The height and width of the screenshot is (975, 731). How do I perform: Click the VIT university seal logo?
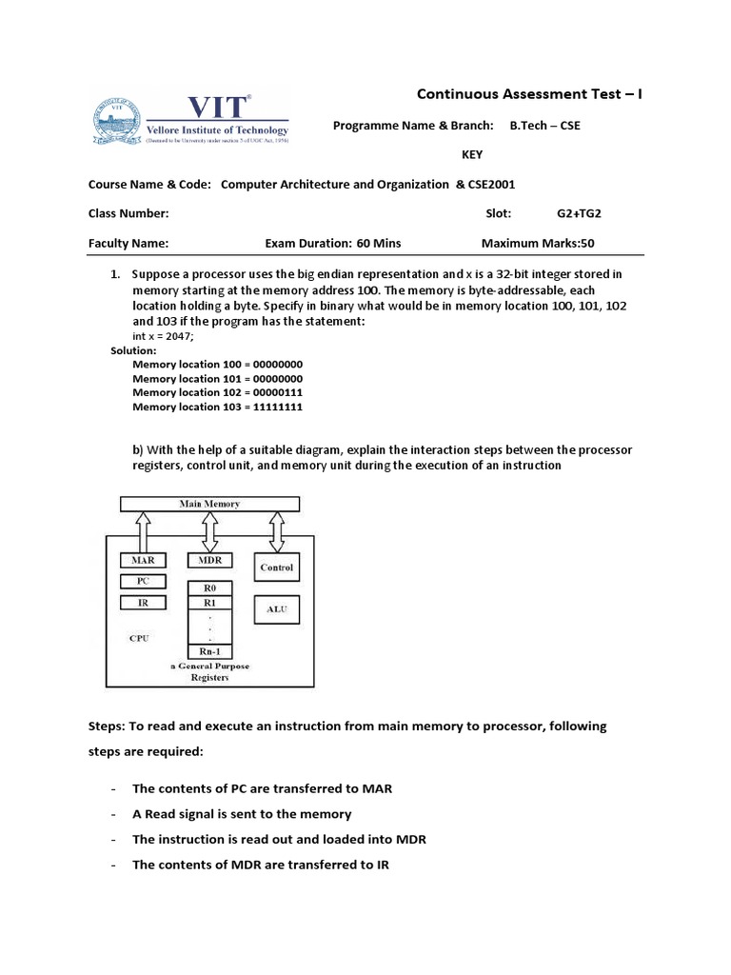pos(115,123)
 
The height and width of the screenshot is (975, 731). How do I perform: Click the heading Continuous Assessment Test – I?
pos(530,93)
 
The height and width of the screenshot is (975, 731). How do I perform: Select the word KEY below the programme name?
pos(472,154)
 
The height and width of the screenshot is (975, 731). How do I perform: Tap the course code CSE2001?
pos(485,185)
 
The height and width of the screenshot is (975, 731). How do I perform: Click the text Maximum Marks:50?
pos(538,243)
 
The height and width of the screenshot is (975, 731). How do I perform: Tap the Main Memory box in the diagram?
pos(209,504)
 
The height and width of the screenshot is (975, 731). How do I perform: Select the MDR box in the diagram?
pos(208,561)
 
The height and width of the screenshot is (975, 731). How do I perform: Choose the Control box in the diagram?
pos(277,568)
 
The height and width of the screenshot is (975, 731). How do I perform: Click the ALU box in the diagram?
pos(277,609)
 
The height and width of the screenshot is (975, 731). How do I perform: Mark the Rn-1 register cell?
pos(208,651)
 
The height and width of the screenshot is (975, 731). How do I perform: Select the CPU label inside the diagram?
pos(140,639)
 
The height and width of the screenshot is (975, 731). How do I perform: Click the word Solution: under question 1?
pos(134,350)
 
